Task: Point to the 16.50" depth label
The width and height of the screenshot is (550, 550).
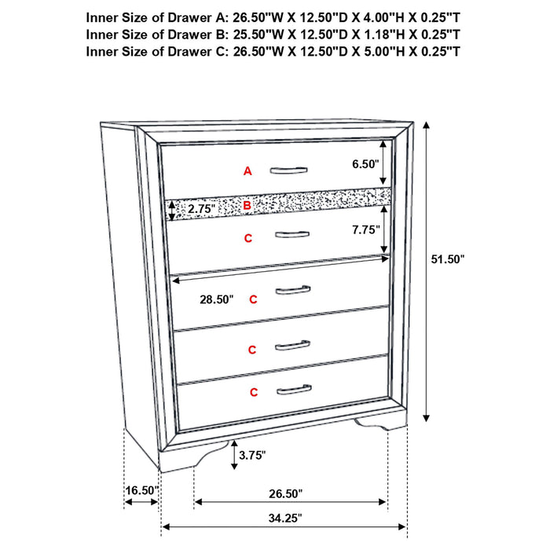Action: (x=141, y=490)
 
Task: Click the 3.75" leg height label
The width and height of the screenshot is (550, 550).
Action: (x=252, y=454)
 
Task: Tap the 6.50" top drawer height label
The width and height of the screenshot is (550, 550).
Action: (x=365, y=164)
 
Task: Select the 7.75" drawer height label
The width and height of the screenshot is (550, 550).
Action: (x=365, y=229)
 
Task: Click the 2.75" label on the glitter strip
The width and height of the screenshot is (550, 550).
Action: (x=201, y=208)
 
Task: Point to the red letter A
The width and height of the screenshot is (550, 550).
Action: (x=247, y=170)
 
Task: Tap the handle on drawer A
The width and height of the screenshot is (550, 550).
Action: (x=290, y=170)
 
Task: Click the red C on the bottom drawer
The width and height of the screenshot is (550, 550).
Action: (x=254, y=391)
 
